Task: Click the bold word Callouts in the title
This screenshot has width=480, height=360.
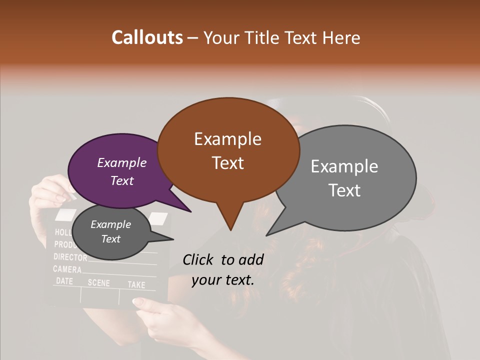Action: point(147,37)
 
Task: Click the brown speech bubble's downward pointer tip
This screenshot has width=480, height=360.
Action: point(230,229)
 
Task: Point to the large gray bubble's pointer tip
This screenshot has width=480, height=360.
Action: point(267,234)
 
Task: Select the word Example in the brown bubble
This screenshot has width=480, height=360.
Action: point(227,138)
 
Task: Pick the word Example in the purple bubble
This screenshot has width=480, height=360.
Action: point(121,162)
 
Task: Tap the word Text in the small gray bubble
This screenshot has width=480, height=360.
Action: point(110,239)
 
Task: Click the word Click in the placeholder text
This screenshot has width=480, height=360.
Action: point(199,259)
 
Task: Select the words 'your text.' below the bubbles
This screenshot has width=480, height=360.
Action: point(223,280)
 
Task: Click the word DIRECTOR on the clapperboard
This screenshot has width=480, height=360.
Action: point(70,257)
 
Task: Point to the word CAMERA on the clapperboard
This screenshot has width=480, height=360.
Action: point(67,269)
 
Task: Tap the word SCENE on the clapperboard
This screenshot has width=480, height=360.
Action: point(98,282)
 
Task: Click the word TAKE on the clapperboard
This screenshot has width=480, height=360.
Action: point(136,284)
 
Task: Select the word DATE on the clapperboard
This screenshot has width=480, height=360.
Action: point(64,281)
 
